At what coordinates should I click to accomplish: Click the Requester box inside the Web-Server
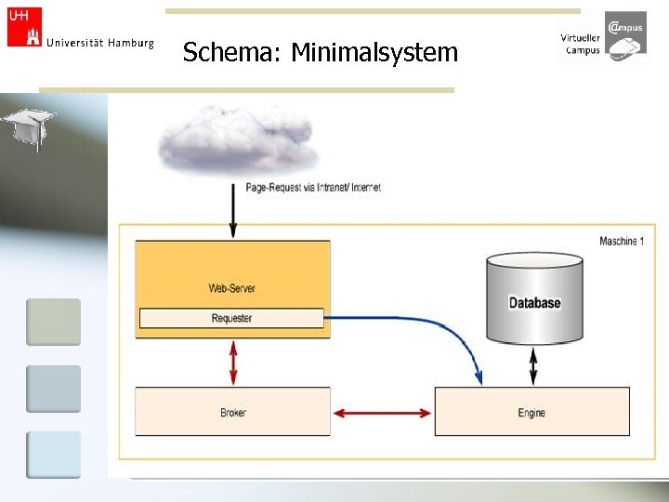[231, 318]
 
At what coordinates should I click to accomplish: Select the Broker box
[232, 412]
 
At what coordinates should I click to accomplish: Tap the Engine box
[531, 412]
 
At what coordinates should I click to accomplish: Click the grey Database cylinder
[534, 297]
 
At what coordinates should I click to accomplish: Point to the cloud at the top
[237, 139]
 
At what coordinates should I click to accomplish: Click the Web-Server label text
[231, 288]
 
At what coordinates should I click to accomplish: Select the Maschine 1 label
[621, 242]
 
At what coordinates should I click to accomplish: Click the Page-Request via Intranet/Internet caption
[313, 187]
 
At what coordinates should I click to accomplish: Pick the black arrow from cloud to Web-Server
[233, 212]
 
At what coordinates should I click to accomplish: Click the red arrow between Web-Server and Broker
[233, 363]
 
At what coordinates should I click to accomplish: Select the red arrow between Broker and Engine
[382, 412]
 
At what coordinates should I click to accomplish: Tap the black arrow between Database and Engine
[532, 366]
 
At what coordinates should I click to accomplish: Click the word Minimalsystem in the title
[374, 52]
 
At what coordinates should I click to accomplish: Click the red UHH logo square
[24, 27]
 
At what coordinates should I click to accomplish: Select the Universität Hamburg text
[99, 43]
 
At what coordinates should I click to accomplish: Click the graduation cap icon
[29, 125]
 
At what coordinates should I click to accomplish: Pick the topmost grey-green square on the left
[53, 322]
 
